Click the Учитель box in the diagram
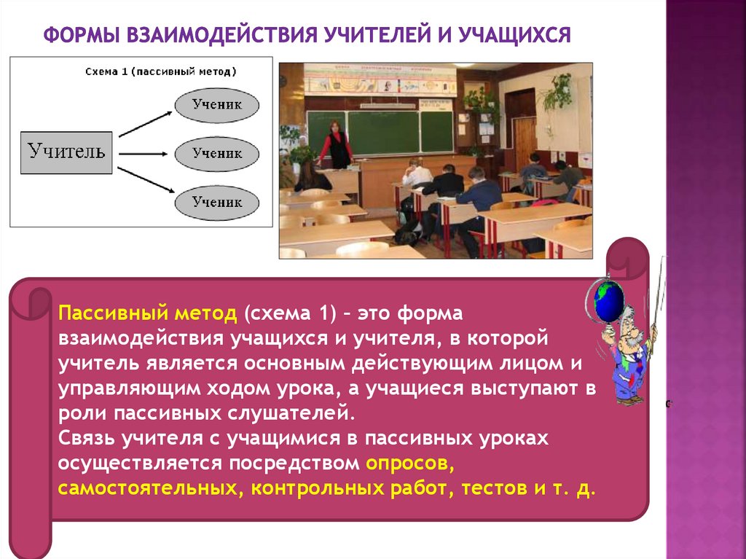click(66, 152)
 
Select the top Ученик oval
click(217, 105)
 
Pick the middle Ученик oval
click(217, 154)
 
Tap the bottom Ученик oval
click(217, 203)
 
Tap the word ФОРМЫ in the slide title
click(81, 35)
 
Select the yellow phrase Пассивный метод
click(148, 314)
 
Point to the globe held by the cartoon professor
click(610, 300)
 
